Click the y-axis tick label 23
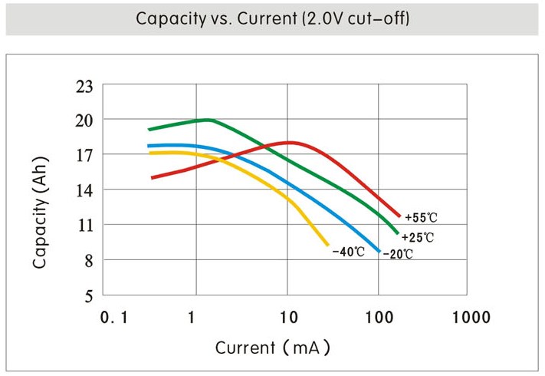(x=84, y=86)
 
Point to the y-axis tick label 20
(x=84, y=120)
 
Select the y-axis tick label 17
(x=84, y=155)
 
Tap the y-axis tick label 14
(x=84, y=190)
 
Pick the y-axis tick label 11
(x=84, y=225)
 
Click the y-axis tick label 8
(x=87, y=260)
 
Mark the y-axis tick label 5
(x=87, y=295)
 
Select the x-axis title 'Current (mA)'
(x=272, y=348)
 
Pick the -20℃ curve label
(x=398, y=254)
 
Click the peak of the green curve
(x=208, y=120)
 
